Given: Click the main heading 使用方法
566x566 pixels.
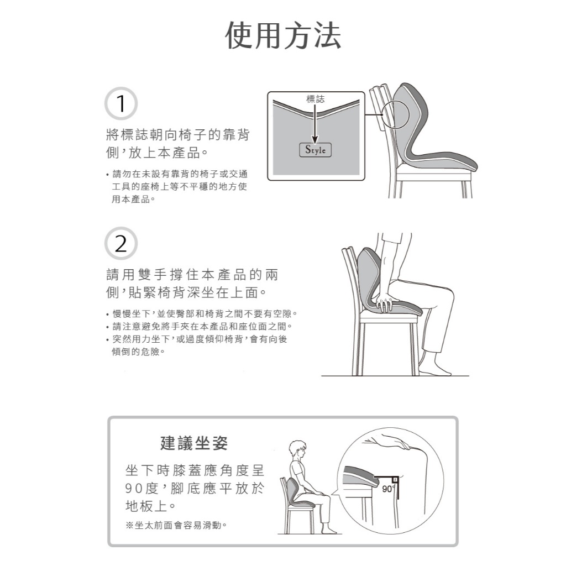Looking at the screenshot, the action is click(x=283, y=35).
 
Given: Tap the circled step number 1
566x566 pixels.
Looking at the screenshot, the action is click(x=121, y=103).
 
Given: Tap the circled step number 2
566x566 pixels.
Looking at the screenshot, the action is click(x=121, y=244).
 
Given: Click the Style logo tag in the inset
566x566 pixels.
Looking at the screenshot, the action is click(x=315, y=150).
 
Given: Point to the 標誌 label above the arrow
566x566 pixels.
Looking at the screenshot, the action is click(x=315, y=99).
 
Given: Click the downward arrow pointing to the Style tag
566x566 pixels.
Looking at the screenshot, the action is click(x=315, y=124).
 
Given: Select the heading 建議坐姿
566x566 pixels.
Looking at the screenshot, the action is click(x=194, y=443).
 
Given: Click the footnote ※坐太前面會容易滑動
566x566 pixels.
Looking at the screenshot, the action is click(x=176, y=525).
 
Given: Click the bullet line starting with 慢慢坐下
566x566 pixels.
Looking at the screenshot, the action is click(x=202, y=314).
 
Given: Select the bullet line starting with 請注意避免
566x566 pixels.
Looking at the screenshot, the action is click(x=199, y=326).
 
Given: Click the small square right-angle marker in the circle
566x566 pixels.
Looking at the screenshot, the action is click(x=395, y=480).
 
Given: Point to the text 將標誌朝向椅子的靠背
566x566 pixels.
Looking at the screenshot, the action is click(x=177, y=135).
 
